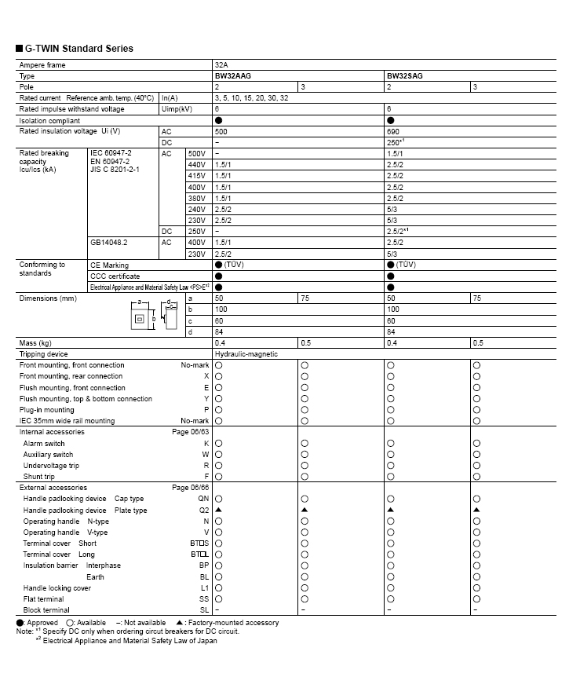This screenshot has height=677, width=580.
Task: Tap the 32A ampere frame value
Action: [221, 65]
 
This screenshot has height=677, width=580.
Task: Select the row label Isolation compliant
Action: [49, 121]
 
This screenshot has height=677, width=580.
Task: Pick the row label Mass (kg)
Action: [35, 343]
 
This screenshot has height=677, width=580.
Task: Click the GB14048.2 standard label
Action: [109, 243]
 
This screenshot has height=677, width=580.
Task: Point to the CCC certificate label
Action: [115, 276]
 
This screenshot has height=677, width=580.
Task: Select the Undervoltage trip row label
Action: [51, 466]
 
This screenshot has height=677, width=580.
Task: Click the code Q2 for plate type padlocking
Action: [204, 510]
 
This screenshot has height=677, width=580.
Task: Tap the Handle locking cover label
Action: [57, 587]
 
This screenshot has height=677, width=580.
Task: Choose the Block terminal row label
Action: [46, 609]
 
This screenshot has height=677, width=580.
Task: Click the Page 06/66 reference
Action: [191, 488]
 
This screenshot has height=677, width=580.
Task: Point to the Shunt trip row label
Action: [39, 477]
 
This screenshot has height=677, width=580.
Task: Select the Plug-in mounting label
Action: [47, 410]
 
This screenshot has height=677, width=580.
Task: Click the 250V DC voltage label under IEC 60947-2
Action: [196, 232]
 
